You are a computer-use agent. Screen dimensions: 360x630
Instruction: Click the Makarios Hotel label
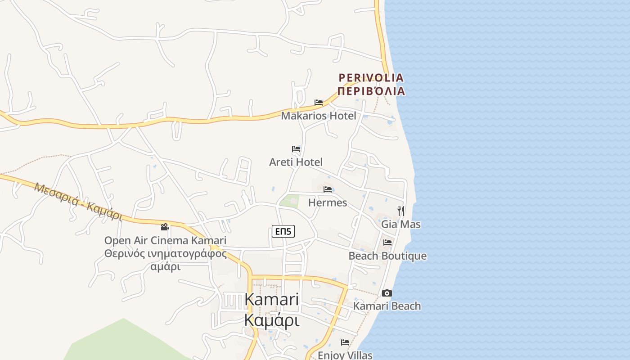point(319,116)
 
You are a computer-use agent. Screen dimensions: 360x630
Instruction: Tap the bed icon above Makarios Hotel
point(319,103)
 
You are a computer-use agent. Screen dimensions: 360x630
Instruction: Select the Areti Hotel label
point(296,162)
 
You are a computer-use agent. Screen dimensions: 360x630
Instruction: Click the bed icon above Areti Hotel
point(296,148)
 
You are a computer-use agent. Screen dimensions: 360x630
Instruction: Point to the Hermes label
point(328,202)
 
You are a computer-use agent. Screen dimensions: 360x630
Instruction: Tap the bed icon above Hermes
point(328,189)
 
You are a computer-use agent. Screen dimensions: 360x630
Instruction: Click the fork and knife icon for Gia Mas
point(400,210)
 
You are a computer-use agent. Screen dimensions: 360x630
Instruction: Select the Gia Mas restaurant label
point(401,224)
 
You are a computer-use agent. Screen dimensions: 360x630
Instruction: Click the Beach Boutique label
point(387,256)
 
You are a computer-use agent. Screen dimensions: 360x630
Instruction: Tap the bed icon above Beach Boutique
point(387,243)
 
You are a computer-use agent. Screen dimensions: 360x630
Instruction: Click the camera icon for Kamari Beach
point(387,293)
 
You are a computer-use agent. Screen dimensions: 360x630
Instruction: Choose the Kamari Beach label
point(387,306)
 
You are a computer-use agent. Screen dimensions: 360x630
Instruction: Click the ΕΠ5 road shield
point(283,232)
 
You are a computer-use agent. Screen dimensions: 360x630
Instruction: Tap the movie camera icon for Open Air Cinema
point(165,227)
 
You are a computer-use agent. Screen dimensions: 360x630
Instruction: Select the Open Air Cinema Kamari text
point(165,241)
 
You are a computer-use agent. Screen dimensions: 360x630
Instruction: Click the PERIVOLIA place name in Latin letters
point(371,78)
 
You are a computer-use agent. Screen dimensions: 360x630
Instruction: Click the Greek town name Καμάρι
point(271,320)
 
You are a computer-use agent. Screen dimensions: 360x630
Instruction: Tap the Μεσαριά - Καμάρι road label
point(78,201)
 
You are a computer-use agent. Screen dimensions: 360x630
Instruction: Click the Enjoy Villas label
point(345,355)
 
